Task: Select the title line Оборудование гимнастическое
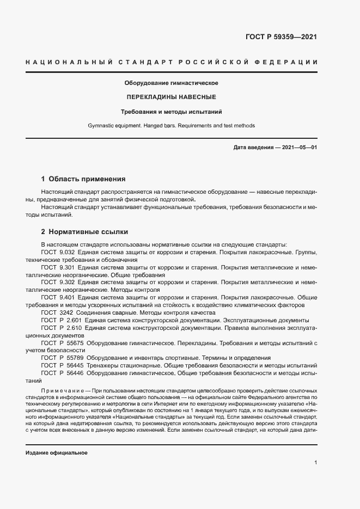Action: point(172,83)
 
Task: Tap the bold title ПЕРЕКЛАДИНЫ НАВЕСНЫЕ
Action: point(172,97)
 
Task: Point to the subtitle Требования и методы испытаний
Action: point(172,112)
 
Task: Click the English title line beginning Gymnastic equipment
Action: point(172,126)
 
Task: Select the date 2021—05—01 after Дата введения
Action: point(300,148)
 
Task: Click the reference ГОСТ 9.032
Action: point(58,253)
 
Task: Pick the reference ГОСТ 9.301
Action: point(58,268)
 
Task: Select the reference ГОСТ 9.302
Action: point(58,283)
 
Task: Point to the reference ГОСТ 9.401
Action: point(58,298)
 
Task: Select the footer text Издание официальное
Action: point(56,453)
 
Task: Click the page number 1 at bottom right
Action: point(316,463)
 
